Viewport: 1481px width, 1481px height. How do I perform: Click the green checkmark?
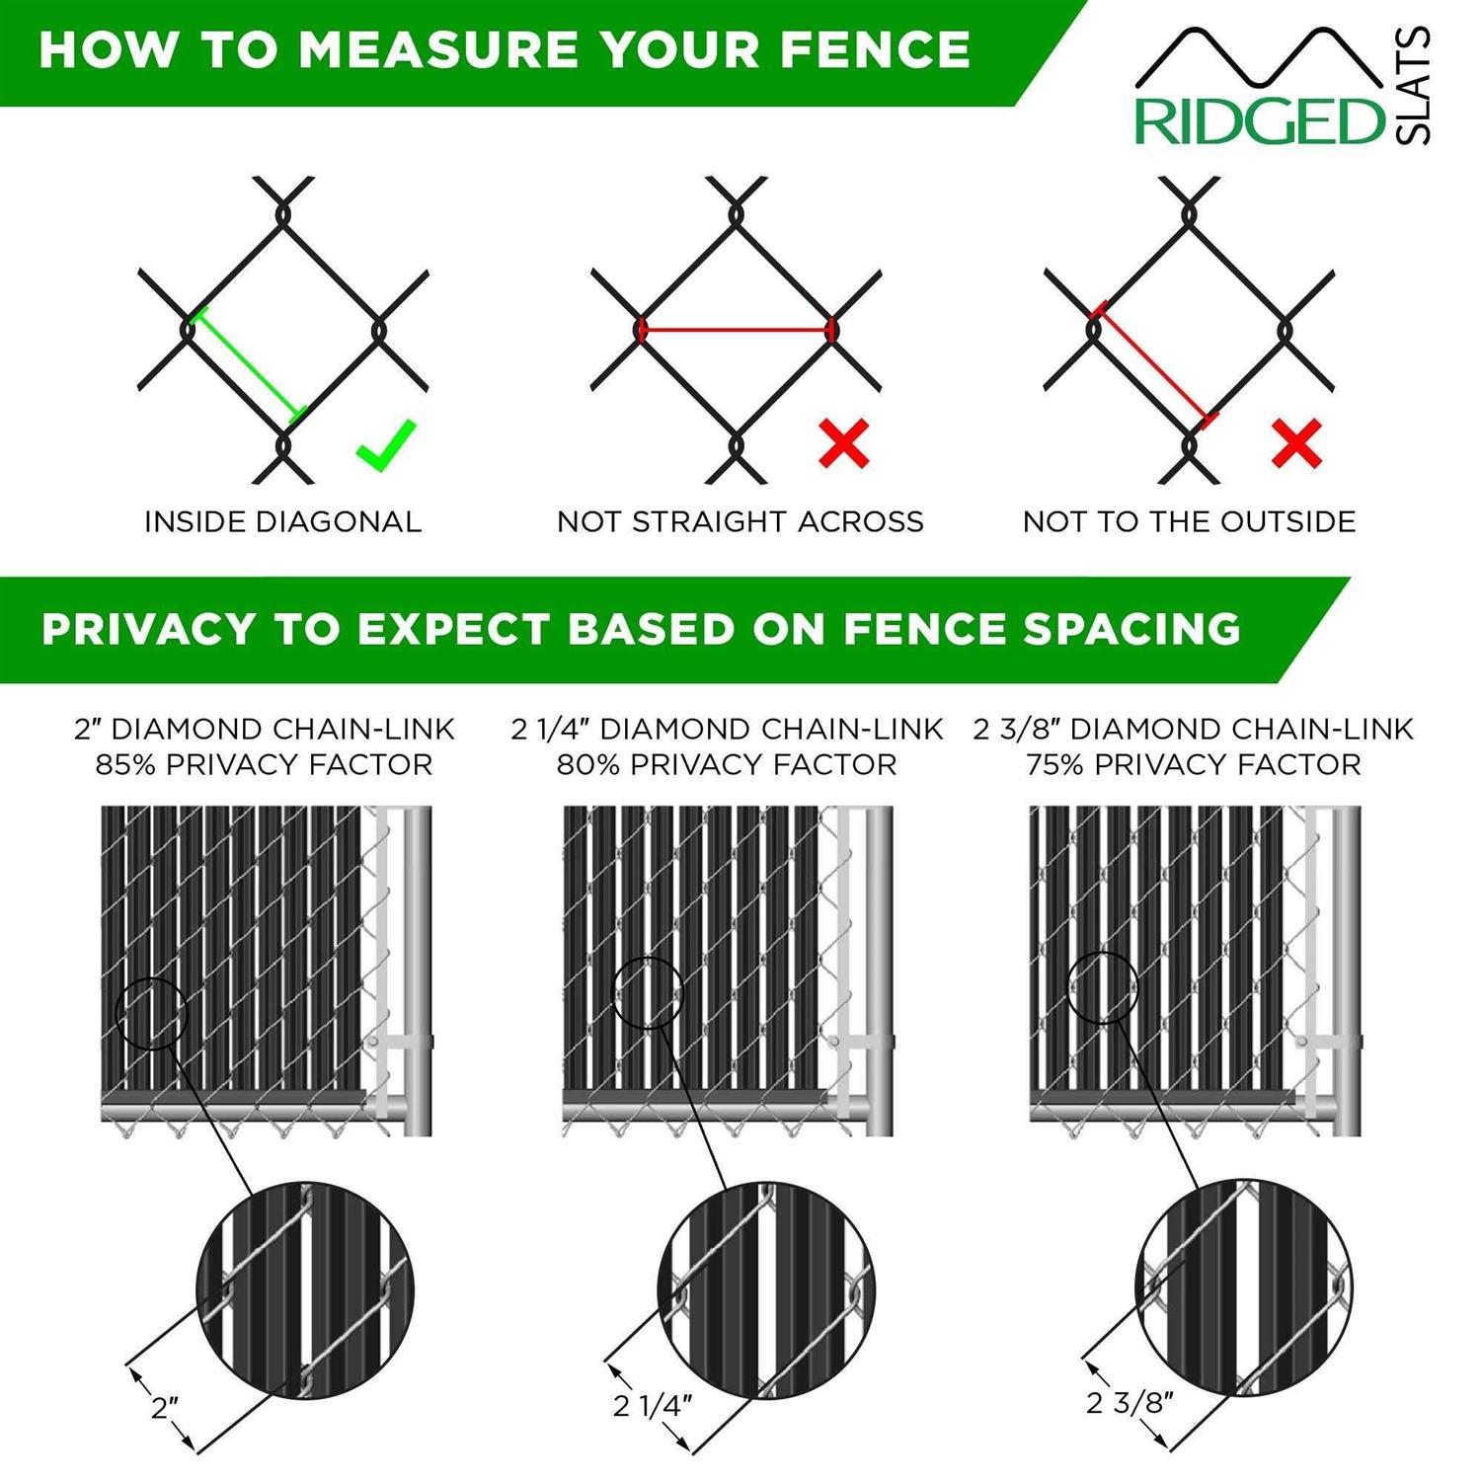coord(386,445)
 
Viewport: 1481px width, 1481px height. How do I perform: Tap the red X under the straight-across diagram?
coord(844,443)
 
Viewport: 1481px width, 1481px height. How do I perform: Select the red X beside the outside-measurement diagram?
coord(1296,443)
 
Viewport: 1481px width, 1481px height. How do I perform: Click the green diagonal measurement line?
coord(248,364)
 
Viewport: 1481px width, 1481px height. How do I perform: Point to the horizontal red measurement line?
coord(736,330)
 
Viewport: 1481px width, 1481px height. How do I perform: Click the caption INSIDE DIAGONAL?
coord(283,521)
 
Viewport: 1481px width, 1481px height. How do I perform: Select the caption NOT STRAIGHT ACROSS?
coord(740,521)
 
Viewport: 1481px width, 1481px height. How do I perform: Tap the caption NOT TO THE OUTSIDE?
coord(1189,521)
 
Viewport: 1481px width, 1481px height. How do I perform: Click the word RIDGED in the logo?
coord(1260,121)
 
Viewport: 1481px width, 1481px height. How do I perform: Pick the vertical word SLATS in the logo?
coord(1414,87)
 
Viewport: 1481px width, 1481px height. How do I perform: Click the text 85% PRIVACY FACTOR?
coord(264,765)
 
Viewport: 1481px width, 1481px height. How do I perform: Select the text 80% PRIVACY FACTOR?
coord(727,765)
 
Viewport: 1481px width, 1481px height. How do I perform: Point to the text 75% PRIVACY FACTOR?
coord(1193,765)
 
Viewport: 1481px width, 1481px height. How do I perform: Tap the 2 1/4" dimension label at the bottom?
coord(653,1405)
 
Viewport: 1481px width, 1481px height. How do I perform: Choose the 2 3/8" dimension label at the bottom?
coord(1130,1402)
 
